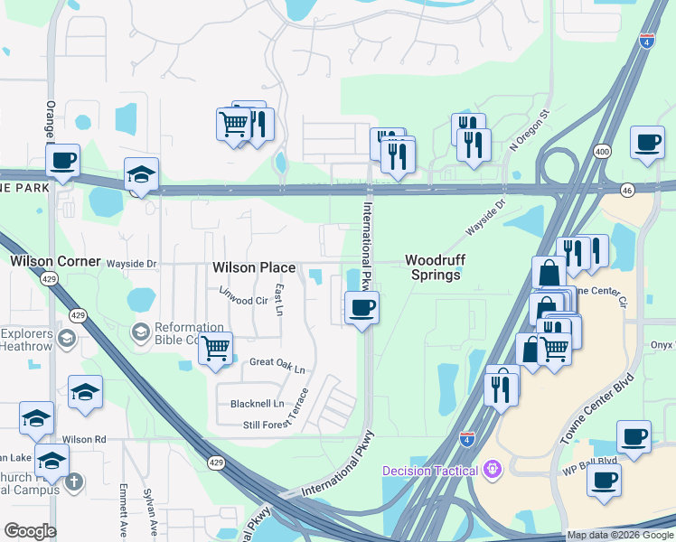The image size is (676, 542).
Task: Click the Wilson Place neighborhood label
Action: pyautogui.click(x=254, y=267)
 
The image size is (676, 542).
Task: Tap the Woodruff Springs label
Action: pyautogui.click(x=433, y=266)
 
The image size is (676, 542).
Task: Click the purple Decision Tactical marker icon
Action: pyautogui.click(x=492, y=469)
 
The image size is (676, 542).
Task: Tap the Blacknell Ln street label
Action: pyautogui.click(x=258, y=403)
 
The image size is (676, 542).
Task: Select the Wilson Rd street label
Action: pyautogui.click(x=84, y=439)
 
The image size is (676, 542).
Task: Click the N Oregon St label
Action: pyautogui.click(x=530, y=131)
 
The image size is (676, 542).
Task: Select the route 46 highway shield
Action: pyautogui.click(x=627, y=189)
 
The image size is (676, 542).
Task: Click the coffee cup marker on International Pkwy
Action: pyautogui.click(x=361, y=308)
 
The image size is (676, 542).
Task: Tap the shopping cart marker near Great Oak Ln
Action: pyautogui.click(x=215, y=348)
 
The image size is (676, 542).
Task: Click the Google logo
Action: pyautogui.click(x=29, y=531)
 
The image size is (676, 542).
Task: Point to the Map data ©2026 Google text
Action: pyautogui.click(x=620, y=535)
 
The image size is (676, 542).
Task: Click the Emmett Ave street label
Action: pyautogui.click(x=123, y=510)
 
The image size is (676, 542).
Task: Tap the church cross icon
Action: pyautogui.click(x=74, y=481)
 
